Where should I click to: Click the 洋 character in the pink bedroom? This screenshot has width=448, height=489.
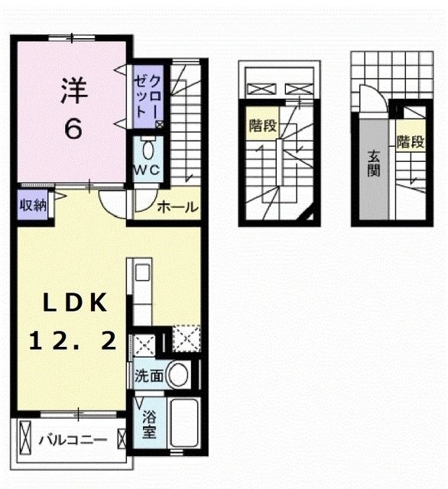tap(74, 89)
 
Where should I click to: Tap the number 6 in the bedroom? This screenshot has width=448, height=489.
tap(74, 128)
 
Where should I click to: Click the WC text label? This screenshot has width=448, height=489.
tap(148, 170)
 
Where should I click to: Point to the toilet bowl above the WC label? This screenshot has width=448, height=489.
tap(148, 147)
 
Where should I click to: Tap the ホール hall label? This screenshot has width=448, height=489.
tap(177, 207)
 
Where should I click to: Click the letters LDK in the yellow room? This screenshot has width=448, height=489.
tap(73, 303)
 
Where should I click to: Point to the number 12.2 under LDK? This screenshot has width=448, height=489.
tap(73, 342)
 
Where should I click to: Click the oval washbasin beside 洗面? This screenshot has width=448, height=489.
tap(179, 375)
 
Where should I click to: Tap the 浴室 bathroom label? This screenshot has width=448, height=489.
tap(148, 422)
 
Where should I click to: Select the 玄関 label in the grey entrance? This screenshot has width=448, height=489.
tap(374, 163)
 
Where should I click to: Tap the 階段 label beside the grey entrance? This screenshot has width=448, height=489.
tap(410, 141)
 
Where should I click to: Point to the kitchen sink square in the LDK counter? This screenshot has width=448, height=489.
tap(142, 272)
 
